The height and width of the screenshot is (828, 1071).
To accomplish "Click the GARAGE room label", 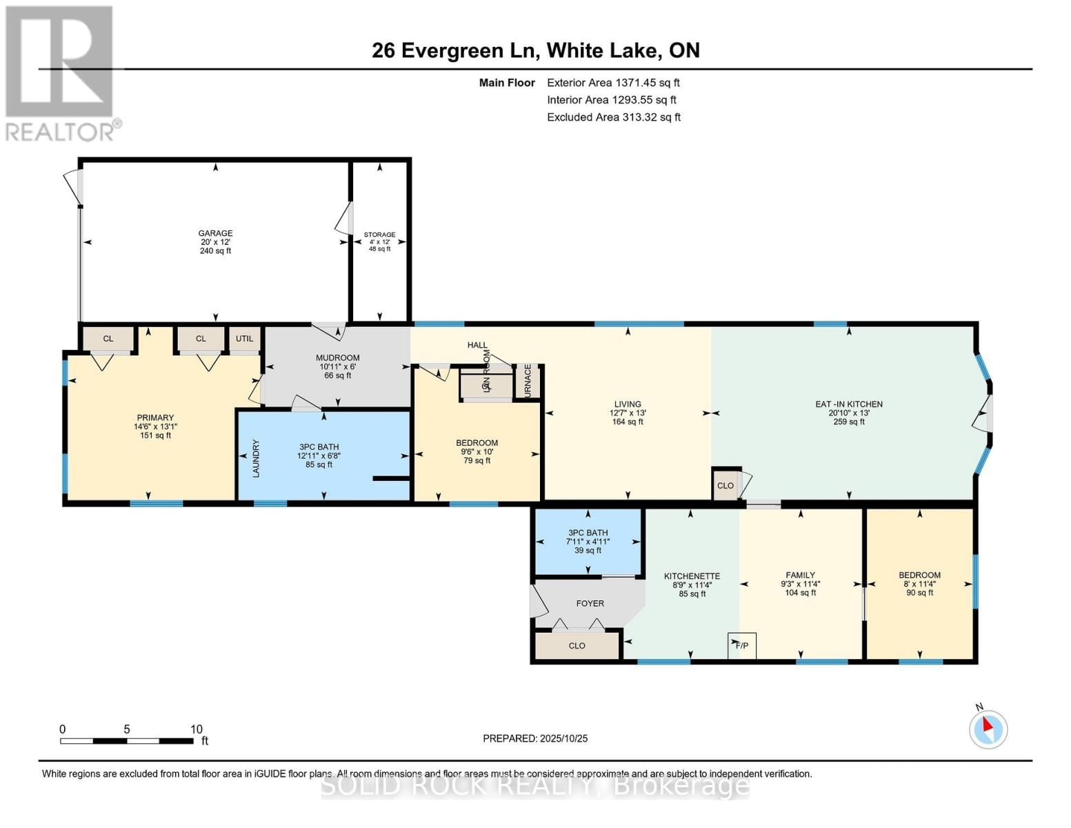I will [x=215, y=233].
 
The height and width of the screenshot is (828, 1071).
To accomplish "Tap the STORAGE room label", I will [x=379, y=235].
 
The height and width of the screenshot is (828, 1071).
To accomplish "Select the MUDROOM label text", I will [x=338, y=357].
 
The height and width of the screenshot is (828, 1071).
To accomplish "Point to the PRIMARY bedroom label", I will [x=155, y=417].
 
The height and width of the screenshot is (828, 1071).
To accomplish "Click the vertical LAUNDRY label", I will [x=256, y=458].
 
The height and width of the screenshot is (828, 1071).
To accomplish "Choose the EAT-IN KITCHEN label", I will [x=848, y=404].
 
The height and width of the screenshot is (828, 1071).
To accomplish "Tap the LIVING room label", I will [x=628, y=404].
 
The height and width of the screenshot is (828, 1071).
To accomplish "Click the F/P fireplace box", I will [x=742, y=646].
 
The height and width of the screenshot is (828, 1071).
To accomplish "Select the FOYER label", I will [x=590, y=603].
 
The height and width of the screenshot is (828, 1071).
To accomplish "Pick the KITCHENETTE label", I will [x=692, y=576].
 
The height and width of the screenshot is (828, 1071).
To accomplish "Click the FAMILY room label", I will [x=800, y=575].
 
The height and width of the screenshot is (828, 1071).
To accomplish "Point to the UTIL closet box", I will [x=245, y=339].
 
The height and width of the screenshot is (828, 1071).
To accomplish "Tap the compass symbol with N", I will [x=988, y=729].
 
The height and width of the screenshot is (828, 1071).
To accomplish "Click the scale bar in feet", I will [x=127, y=740].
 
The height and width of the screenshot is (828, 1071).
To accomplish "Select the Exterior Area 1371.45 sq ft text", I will [x=613, y=82].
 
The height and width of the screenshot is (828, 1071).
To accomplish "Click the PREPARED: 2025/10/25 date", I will [x=535, y=738].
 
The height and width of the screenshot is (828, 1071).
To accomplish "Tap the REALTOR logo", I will [x=61, y=72].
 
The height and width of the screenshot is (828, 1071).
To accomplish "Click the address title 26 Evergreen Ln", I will [x=535, y=50].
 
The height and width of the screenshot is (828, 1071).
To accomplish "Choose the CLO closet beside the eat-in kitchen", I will [x=725, y=485].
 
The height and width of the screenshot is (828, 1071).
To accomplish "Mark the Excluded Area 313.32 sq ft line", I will [x=614, y=117].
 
